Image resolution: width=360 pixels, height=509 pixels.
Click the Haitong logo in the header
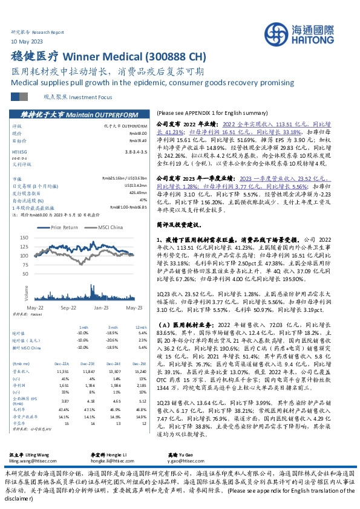[309, 36]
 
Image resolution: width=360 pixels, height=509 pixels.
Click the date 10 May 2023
[27, 41]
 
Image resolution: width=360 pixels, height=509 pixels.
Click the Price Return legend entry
[65, 227]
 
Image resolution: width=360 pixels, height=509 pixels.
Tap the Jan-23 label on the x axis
[101, 307]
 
